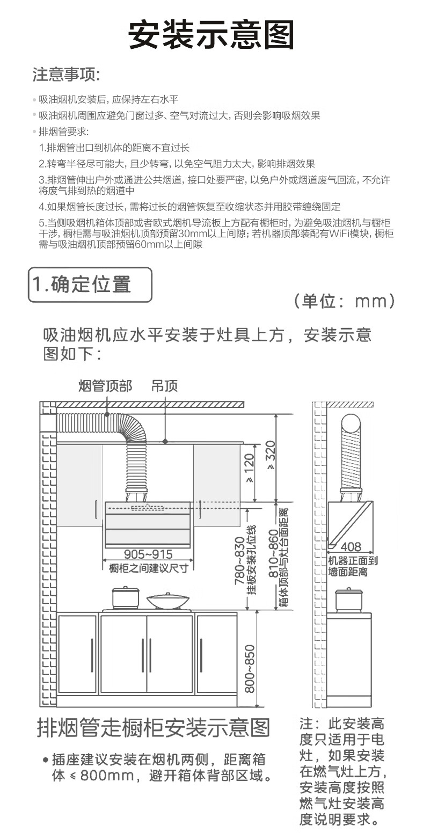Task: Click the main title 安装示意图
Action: click(x=211, y=35)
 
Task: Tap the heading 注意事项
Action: click(x=67, y=75)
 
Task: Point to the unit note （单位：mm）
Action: click(x=344, y=301)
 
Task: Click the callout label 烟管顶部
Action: click(x=105, y=385)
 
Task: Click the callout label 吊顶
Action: click(x=164, y=385)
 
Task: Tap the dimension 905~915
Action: click(x=148, y=554)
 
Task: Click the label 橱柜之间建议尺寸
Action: click(x=148, y=568)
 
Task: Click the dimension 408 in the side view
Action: click(x=351, y=547)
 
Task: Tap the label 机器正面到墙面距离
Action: click(x=353, y=566)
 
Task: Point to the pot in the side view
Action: click(x=347, y=600)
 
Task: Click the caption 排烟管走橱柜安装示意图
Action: click(x=153, y=728)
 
